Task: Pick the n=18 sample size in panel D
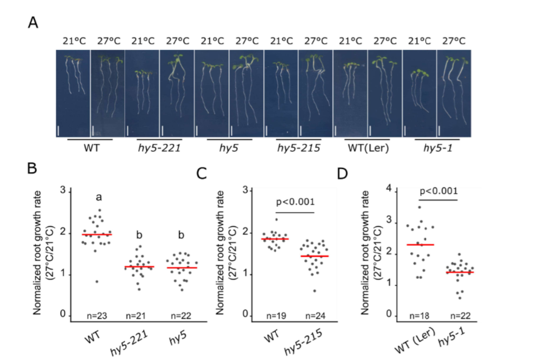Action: coord(420,316)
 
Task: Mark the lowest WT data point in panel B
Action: coord(97,282)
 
